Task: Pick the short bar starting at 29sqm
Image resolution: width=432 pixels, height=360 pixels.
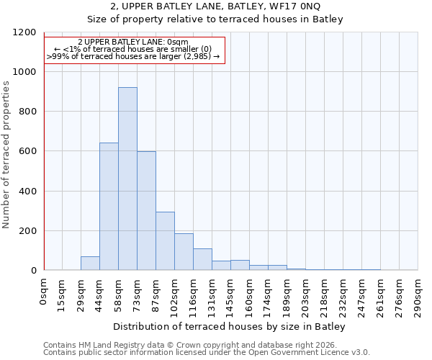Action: [90, 264]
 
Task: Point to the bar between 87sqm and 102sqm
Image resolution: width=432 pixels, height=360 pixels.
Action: [165, 241]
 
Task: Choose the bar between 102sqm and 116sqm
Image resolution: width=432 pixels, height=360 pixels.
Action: [184, 252]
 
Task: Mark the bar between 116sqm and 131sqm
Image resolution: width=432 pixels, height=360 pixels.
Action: [202, 259]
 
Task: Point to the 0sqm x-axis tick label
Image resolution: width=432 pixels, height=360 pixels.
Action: [44, 292]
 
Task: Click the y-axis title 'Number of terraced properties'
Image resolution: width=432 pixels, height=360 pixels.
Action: [6, 155]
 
